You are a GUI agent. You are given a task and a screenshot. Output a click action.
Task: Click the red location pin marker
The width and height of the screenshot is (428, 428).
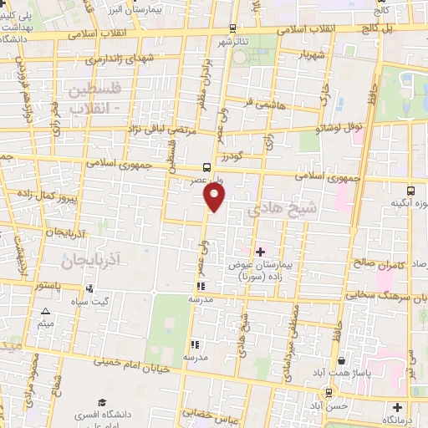click(x=215, y=197)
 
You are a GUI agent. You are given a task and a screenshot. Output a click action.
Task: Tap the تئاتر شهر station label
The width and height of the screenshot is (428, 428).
click(x=235, y=41)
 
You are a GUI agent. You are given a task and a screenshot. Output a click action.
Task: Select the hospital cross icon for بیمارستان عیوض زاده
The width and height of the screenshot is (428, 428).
click(x=260, y=251)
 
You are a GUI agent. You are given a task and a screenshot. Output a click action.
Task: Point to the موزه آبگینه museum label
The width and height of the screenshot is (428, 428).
click(x=410, y=203)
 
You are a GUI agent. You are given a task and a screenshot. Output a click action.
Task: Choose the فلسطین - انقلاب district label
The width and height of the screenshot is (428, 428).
click(x=93, y=98)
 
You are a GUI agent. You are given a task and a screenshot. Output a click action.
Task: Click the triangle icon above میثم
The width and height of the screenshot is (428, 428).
click(x=46, y=312)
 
